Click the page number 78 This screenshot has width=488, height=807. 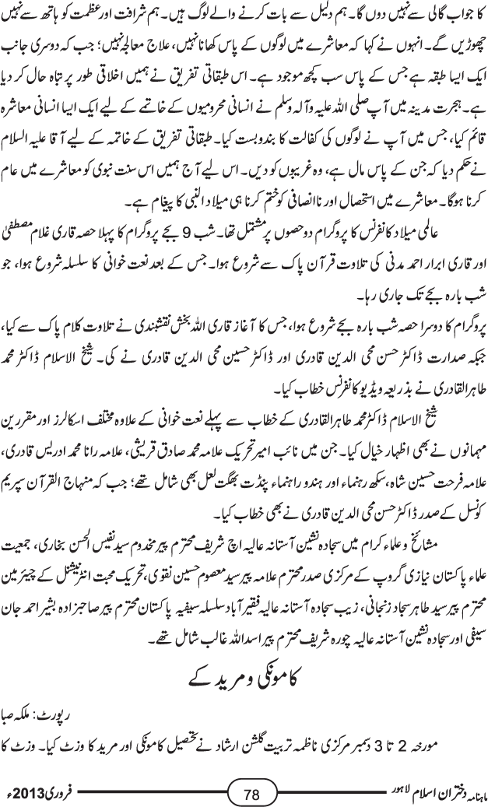point(251,794)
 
